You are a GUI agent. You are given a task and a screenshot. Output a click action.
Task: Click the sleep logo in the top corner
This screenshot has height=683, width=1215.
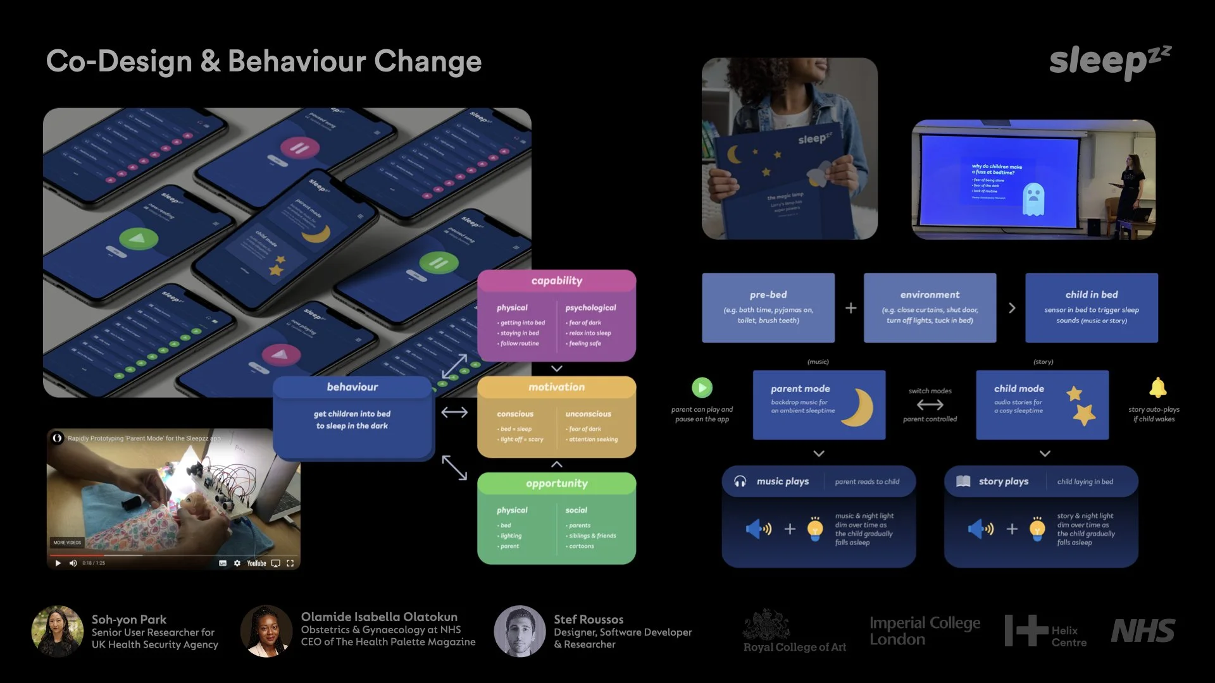1109,62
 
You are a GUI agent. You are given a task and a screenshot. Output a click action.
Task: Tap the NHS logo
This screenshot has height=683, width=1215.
1143,631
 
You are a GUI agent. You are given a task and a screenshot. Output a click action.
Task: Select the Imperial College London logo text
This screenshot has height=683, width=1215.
925,631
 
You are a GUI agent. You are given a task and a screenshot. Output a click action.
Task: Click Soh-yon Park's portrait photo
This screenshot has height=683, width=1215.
58,631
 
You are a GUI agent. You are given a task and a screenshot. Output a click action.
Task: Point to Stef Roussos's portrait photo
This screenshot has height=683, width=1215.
520,631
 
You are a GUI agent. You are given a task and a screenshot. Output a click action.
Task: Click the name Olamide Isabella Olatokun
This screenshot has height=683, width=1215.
379,617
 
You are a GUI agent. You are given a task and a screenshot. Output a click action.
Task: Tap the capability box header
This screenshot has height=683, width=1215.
556,281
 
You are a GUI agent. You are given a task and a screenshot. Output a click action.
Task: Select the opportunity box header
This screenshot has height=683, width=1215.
556,484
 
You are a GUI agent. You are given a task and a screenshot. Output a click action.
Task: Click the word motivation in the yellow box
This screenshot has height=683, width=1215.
556,387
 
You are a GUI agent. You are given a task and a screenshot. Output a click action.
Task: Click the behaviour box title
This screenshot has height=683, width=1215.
352,387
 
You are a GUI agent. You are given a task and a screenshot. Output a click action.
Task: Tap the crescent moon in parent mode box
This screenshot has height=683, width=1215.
859,407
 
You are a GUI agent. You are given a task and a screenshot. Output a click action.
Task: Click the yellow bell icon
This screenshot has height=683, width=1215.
1157,388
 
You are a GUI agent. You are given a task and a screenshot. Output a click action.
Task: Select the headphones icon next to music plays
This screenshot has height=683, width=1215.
740,481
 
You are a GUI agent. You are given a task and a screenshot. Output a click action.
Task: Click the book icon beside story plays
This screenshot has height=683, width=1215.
963,481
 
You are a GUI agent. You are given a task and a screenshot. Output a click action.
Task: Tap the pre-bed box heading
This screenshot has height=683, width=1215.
768,295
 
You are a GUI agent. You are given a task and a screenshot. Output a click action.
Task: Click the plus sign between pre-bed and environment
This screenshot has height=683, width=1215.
850,308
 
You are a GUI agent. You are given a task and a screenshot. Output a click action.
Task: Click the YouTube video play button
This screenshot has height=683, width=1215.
58,563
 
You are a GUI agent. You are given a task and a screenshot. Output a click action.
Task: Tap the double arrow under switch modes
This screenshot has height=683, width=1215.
930,405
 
